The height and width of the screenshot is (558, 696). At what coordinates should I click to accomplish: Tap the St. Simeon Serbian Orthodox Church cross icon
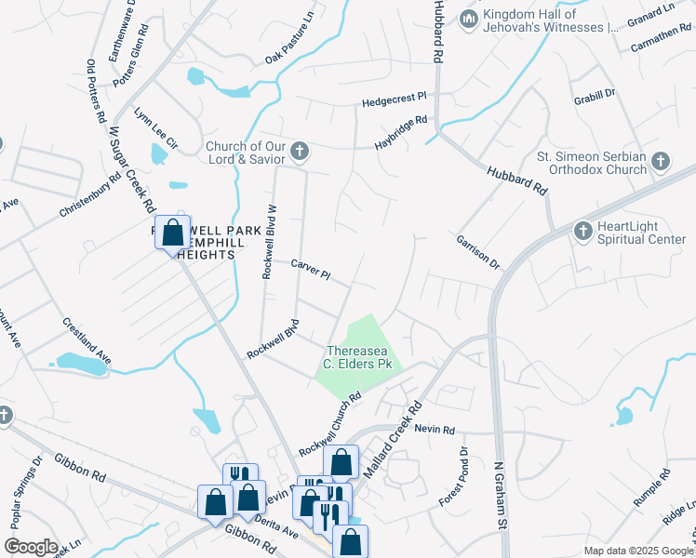(660, 162)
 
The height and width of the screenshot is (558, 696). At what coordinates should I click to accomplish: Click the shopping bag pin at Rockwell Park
(173, 233)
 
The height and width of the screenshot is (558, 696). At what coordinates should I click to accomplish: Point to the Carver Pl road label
(311, 270)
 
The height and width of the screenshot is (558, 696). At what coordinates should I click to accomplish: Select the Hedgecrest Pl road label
(394, 99)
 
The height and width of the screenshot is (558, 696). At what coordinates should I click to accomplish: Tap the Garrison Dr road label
(477, 252)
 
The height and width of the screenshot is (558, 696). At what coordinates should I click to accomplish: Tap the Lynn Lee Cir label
(155, 127)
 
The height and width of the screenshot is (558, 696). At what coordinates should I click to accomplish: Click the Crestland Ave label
(87, 340)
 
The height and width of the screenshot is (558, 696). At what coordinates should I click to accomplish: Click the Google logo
(32, 547)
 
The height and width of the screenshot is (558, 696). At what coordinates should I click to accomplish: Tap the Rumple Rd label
(651, 492)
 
